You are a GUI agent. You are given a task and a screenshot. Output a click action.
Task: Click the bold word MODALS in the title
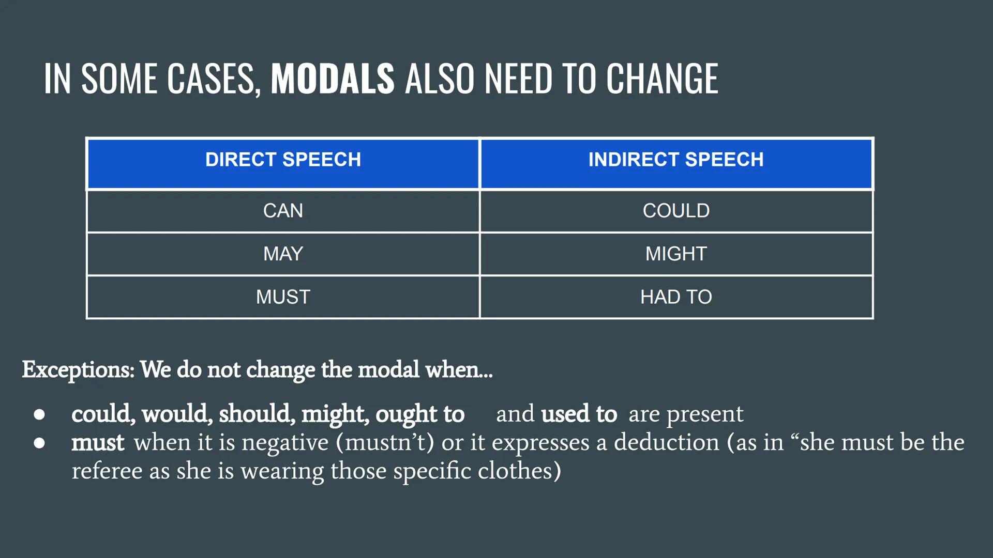[333, 79]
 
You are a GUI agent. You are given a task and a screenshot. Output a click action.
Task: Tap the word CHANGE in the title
[662, 79]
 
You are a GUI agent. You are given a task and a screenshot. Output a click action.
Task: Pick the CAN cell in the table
[283, 211]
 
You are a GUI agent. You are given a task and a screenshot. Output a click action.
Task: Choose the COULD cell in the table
[676, 211]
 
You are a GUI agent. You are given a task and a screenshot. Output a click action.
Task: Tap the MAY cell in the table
[283, 254]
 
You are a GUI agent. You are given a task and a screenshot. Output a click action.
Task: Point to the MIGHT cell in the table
[676, 254]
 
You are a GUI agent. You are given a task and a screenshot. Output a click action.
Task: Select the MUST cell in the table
[283, 297]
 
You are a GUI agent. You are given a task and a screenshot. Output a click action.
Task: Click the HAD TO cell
[676, 297]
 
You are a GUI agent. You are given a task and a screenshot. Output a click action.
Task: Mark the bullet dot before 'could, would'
[39, 414]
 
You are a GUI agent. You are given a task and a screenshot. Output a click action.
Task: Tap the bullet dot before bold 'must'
[39, 443]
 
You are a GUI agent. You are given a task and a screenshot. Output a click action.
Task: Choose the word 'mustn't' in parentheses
[385, 443]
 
